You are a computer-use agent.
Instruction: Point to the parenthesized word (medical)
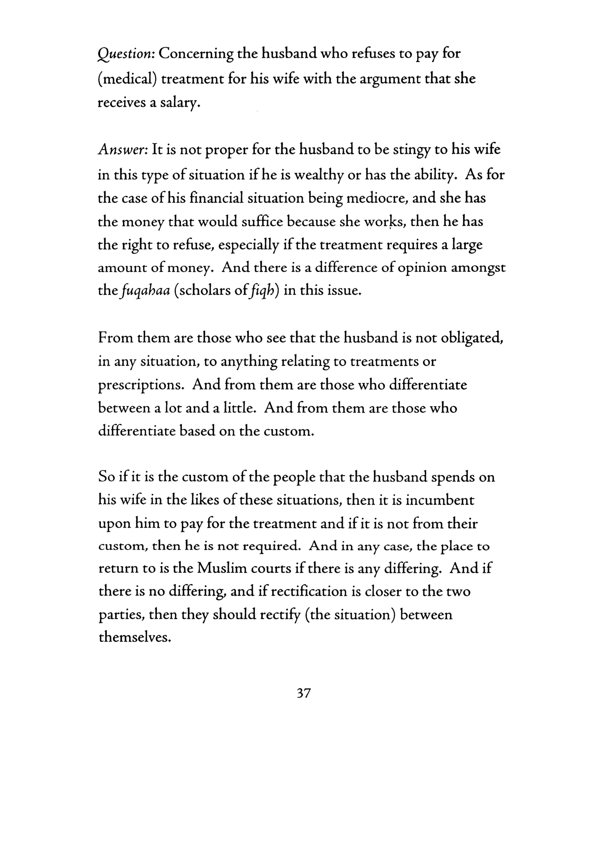tap(126, 79)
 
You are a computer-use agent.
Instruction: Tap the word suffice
tap(262, 222)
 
